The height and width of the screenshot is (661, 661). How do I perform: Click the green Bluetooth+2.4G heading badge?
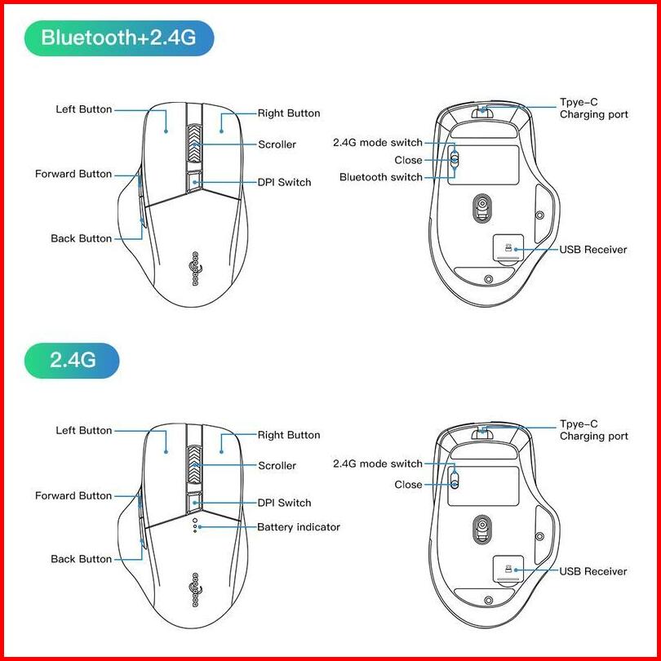point(119,38)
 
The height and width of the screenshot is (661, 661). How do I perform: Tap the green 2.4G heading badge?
point(73,359)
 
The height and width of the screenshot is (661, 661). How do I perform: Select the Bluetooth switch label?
point(381,177)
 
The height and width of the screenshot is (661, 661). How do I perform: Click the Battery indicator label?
point(298,527)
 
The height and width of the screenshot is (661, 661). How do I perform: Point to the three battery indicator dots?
point(194,526)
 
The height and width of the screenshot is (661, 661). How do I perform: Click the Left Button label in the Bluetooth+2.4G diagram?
point(83,109)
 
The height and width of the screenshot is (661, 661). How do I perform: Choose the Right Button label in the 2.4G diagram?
point(289,435)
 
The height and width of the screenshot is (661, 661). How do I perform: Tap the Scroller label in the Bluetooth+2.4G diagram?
point(277,144)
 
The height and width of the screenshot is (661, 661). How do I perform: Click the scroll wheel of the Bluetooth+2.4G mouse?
point(194,145)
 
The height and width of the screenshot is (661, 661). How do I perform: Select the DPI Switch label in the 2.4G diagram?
point(284,503)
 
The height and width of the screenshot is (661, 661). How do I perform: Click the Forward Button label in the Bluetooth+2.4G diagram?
point(73,174)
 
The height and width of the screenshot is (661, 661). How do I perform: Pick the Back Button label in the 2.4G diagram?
point(81,559)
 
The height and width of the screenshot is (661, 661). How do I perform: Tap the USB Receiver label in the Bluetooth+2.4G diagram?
point(592,250)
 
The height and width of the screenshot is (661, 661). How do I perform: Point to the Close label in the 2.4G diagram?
point(408,485)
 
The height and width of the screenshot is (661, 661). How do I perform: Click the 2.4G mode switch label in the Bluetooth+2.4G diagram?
point(378,143)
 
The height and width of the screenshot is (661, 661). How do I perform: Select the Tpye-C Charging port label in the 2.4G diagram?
point(593,430)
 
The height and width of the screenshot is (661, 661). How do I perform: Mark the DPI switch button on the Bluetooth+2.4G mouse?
point(194,182)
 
